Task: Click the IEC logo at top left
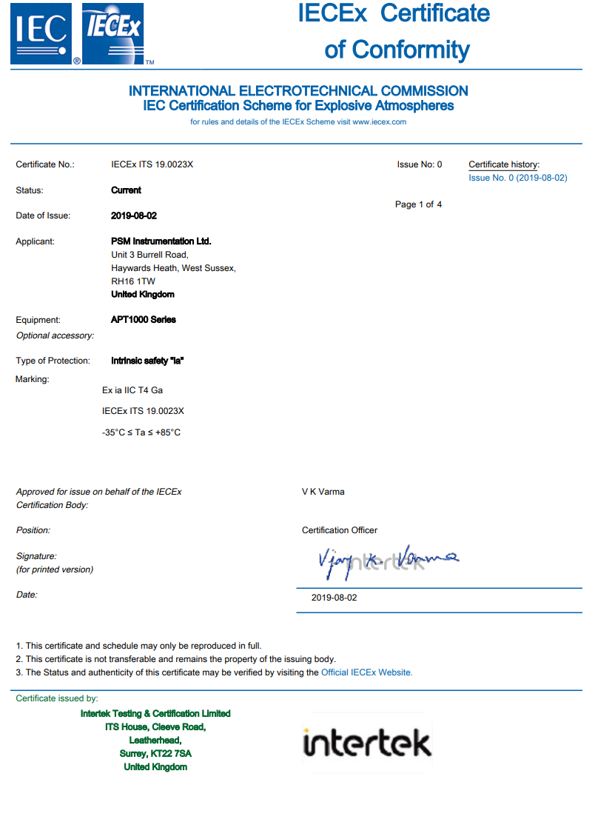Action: coord(41,33)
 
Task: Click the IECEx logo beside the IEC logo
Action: coord(112,33)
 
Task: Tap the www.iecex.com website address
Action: coord(379,122)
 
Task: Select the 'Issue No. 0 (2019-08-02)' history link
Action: coord(517,178)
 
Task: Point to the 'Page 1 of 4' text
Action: coord(418,204)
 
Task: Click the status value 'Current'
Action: coord(126,190)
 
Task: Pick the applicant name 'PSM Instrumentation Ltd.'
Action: coord(161,241)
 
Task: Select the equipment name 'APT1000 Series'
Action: coord(144,320)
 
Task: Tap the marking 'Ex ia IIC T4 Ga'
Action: coord(132,390)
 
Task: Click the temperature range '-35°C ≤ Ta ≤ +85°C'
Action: coord(141,432)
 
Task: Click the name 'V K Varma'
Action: coord(323,492)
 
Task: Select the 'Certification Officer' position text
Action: coord(340,530)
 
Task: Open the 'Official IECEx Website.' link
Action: coord(366,672)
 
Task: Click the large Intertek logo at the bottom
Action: coord(367,744)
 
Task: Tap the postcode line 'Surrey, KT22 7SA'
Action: coord(155,754)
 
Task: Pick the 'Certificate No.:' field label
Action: coord(45,164)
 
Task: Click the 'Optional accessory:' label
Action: coord(55,335)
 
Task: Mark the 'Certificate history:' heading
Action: coord(504,164)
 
